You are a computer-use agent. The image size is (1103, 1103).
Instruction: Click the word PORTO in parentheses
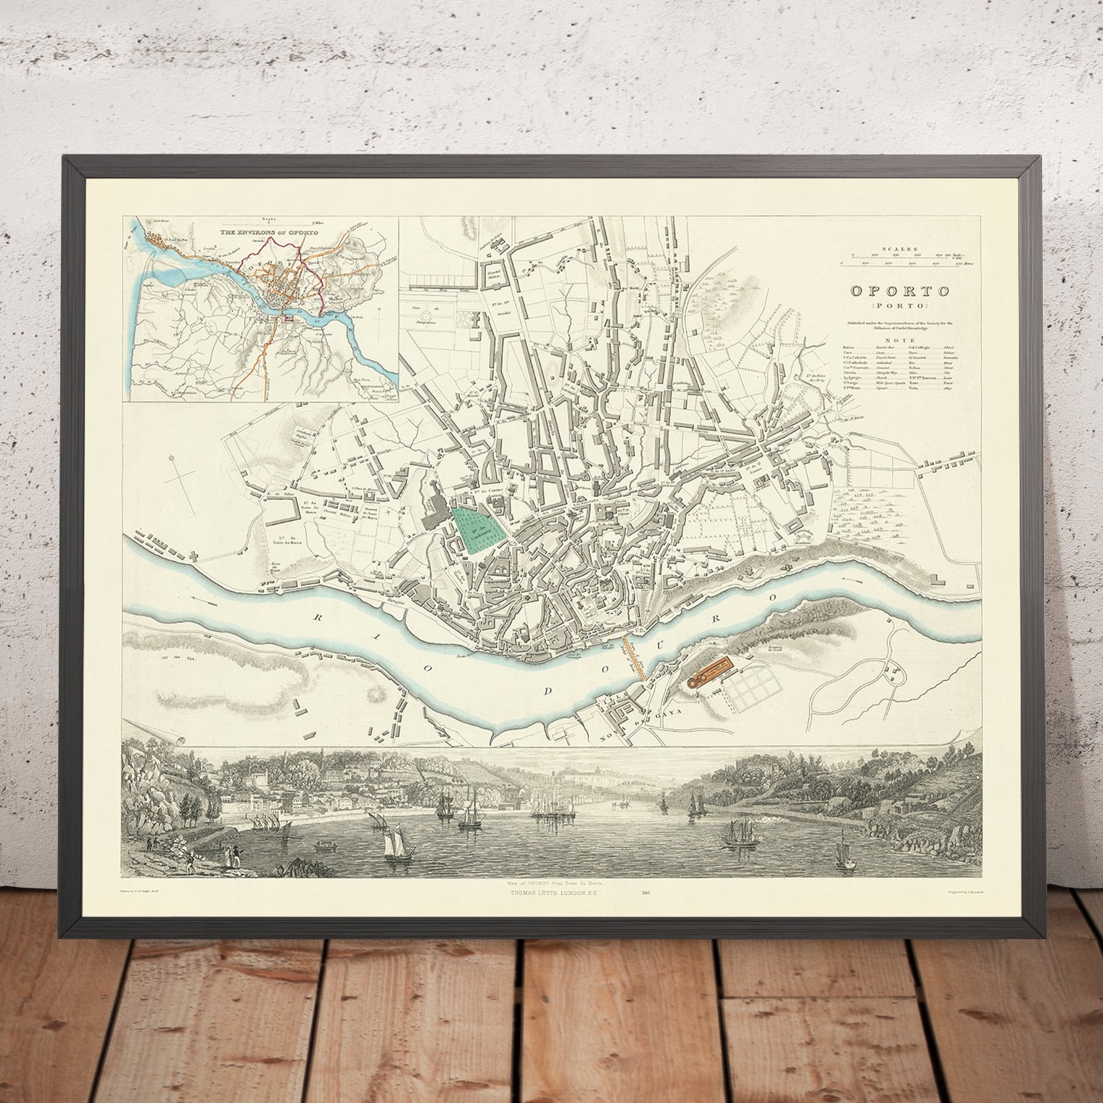click(x=901, y=305)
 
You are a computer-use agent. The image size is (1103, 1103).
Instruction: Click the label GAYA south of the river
click(x=658, y=714)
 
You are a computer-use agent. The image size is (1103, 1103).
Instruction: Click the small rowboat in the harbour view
click(x=325, y=846)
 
